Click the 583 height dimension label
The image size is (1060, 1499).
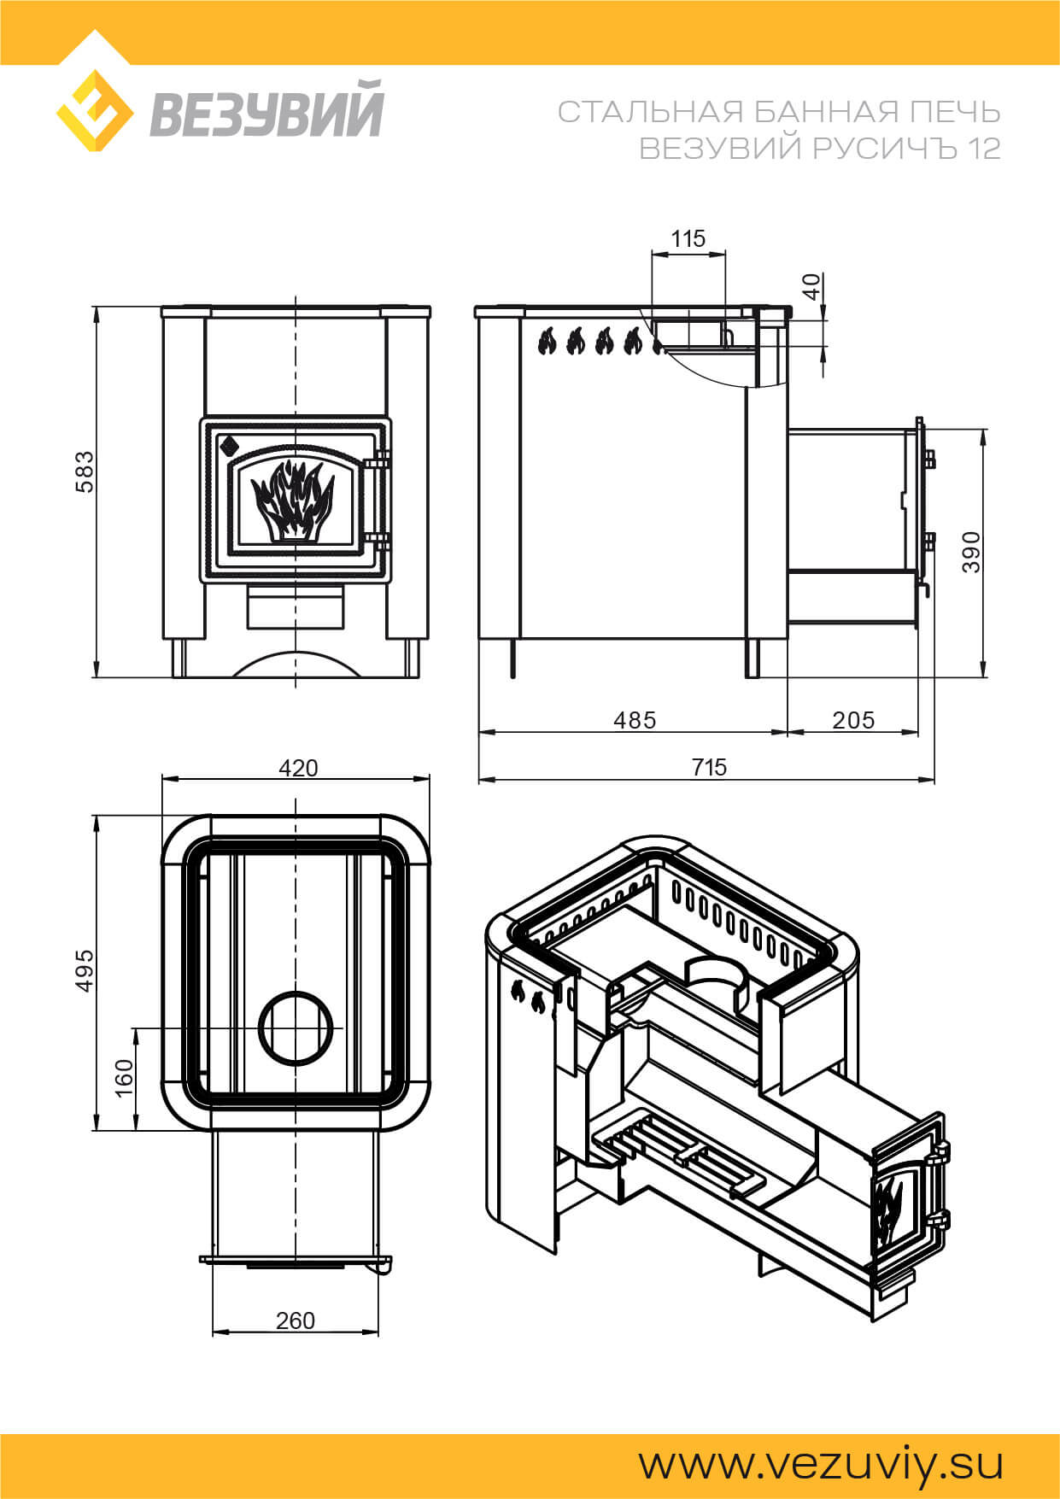(x=85, y=471)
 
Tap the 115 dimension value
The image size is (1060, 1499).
(x=688, y=238)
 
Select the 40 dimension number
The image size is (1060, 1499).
(x=812, y=286)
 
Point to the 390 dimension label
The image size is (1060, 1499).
(x=971, y=552)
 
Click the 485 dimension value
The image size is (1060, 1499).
(x=635, y=720)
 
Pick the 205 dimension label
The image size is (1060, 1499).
(x=853, y=720)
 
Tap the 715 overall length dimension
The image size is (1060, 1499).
(x=709, y=767)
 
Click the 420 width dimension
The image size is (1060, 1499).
(x=298, y=768)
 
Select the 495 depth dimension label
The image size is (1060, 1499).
(x=85, y=970)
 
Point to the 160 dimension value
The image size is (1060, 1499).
(x=125, y=1078)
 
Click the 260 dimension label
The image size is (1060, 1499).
(x=296, y=1320)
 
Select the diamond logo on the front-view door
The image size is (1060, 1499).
(x=228, y=445)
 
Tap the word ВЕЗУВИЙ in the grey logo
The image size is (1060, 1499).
(x=267, y=108)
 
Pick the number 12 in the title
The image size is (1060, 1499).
(x=984, y=149)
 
